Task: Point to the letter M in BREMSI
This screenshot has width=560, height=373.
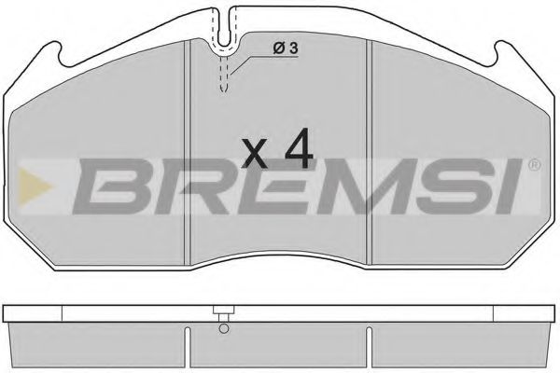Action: (x=353, y=186)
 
